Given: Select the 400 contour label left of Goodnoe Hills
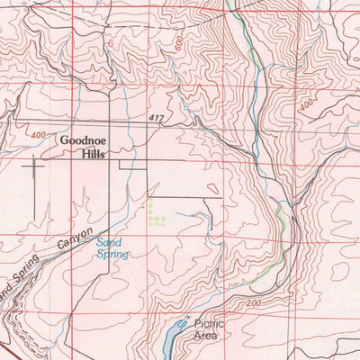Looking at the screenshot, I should click(37, 135).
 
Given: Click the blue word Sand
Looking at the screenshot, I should click(110, 243).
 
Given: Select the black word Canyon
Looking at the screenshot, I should click(76, 242).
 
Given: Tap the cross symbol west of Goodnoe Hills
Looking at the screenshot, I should click(34, 165).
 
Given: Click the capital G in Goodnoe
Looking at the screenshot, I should click(66, 140).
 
